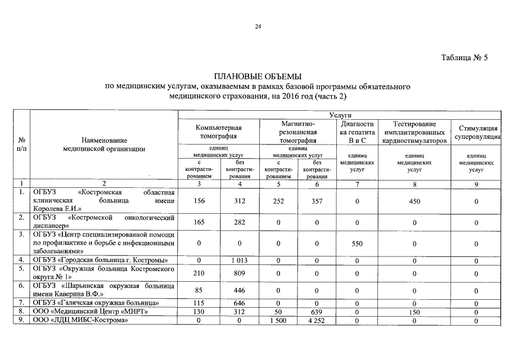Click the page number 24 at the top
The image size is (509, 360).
coord(258,26)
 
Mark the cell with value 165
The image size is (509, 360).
coord(199,223)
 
